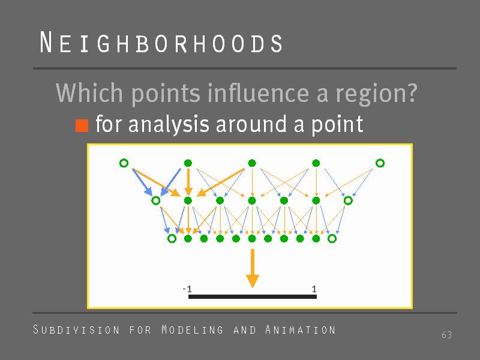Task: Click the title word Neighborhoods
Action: click(x=161, y=43)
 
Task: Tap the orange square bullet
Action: click(x=82, y=125)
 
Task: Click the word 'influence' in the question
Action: click(x=258, y=93)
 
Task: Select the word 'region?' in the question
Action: click(x=377, y=94)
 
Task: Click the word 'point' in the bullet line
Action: click(x=337, y=125)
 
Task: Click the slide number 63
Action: click(x=446, y=335)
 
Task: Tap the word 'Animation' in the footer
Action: click(x=301, y=329)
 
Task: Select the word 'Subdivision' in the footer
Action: click(x=76, y=329)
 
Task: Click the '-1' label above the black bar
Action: click(x=187, y=289)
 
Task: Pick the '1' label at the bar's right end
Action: click(x=314, y=289)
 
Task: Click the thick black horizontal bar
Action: click(x=252, y=296)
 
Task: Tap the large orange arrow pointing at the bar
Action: click(x=253, y=268)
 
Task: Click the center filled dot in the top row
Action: click(x=252, y=163)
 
